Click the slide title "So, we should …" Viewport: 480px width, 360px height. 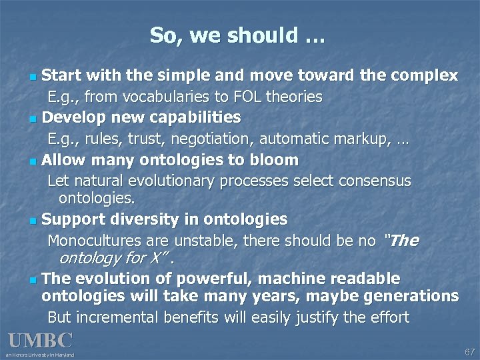[x=237, y=35]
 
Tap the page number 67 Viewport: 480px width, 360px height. [x=469, y=351]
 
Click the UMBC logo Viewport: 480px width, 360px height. [x=41, y=341]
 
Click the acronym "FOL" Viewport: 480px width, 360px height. [x=248, y=97]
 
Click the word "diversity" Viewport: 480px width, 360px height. [x=133, y=219]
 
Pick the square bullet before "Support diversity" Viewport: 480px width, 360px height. [x=33, y=221]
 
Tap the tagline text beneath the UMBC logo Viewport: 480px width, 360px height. [x=40, y=355]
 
